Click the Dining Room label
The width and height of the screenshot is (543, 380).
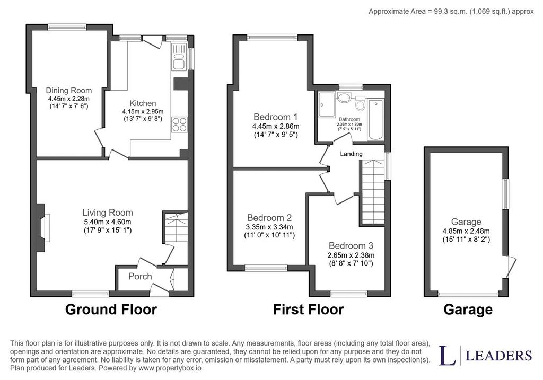click(x=69, y=90)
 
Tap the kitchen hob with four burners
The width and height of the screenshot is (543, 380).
click(x=179, y=124)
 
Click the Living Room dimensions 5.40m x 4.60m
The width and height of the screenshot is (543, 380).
click(x=107, y=222)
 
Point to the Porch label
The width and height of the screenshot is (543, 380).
click(x=140, y=276)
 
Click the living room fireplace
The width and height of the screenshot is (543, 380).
click(x=43, y=227)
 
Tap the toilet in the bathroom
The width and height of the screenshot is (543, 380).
click(x=360, y=103)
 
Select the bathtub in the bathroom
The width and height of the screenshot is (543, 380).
click(x=376, y=119)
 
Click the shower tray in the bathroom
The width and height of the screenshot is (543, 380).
click(x=327, y=104)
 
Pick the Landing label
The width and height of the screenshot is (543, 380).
click(x=351, y=154)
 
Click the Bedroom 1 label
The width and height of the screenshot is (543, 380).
click(x=276, y=117)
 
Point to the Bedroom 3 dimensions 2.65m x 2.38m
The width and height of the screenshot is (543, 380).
click(x=351, y=255)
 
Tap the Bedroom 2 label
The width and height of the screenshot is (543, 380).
click(x=269, y=218)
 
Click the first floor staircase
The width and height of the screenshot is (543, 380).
click(x=373, y=192)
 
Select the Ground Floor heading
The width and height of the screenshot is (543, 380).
click(x=111, y=310)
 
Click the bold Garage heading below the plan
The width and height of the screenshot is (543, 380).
click(x=468, y=310)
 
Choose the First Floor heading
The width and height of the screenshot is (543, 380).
click(x=308, y=310)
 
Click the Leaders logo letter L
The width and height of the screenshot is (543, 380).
click(x=448, y=355)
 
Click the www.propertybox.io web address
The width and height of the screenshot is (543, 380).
click(x=170, y=368)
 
